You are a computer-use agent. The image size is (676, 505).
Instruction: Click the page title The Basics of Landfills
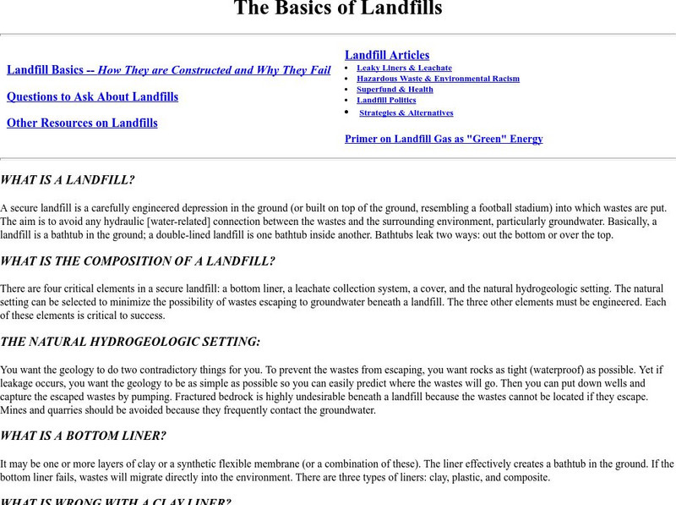(337, 9)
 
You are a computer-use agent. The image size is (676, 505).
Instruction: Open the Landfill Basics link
(168, 70)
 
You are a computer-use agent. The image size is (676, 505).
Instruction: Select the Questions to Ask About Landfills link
(92, 96)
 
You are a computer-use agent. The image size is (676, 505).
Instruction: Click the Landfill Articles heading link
(387, 55)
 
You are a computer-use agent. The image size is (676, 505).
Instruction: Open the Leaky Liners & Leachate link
(404, 68)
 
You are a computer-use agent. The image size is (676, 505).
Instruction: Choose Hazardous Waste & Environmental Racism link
(438, 79)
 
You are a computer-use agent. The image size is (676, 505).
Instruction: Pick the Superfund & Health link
(395, 90)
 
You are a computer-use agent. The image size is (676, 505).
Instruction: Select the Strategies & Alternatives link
(406, 113)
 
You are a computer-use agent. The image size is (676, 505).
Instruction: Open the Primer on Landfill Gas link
(444, 139)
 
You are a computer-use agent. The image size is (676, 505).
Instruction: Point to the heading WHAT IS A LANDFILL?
(68, 180)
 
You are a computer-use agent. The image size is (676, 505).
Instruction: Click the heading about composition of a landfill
(138, 261)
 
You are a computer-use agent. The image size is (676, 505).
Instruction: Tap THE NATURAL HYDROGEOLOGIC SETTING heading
(130, 342)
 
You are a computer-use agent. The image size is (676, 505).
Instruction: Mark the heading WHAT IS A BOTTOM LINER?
(84, 436)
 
